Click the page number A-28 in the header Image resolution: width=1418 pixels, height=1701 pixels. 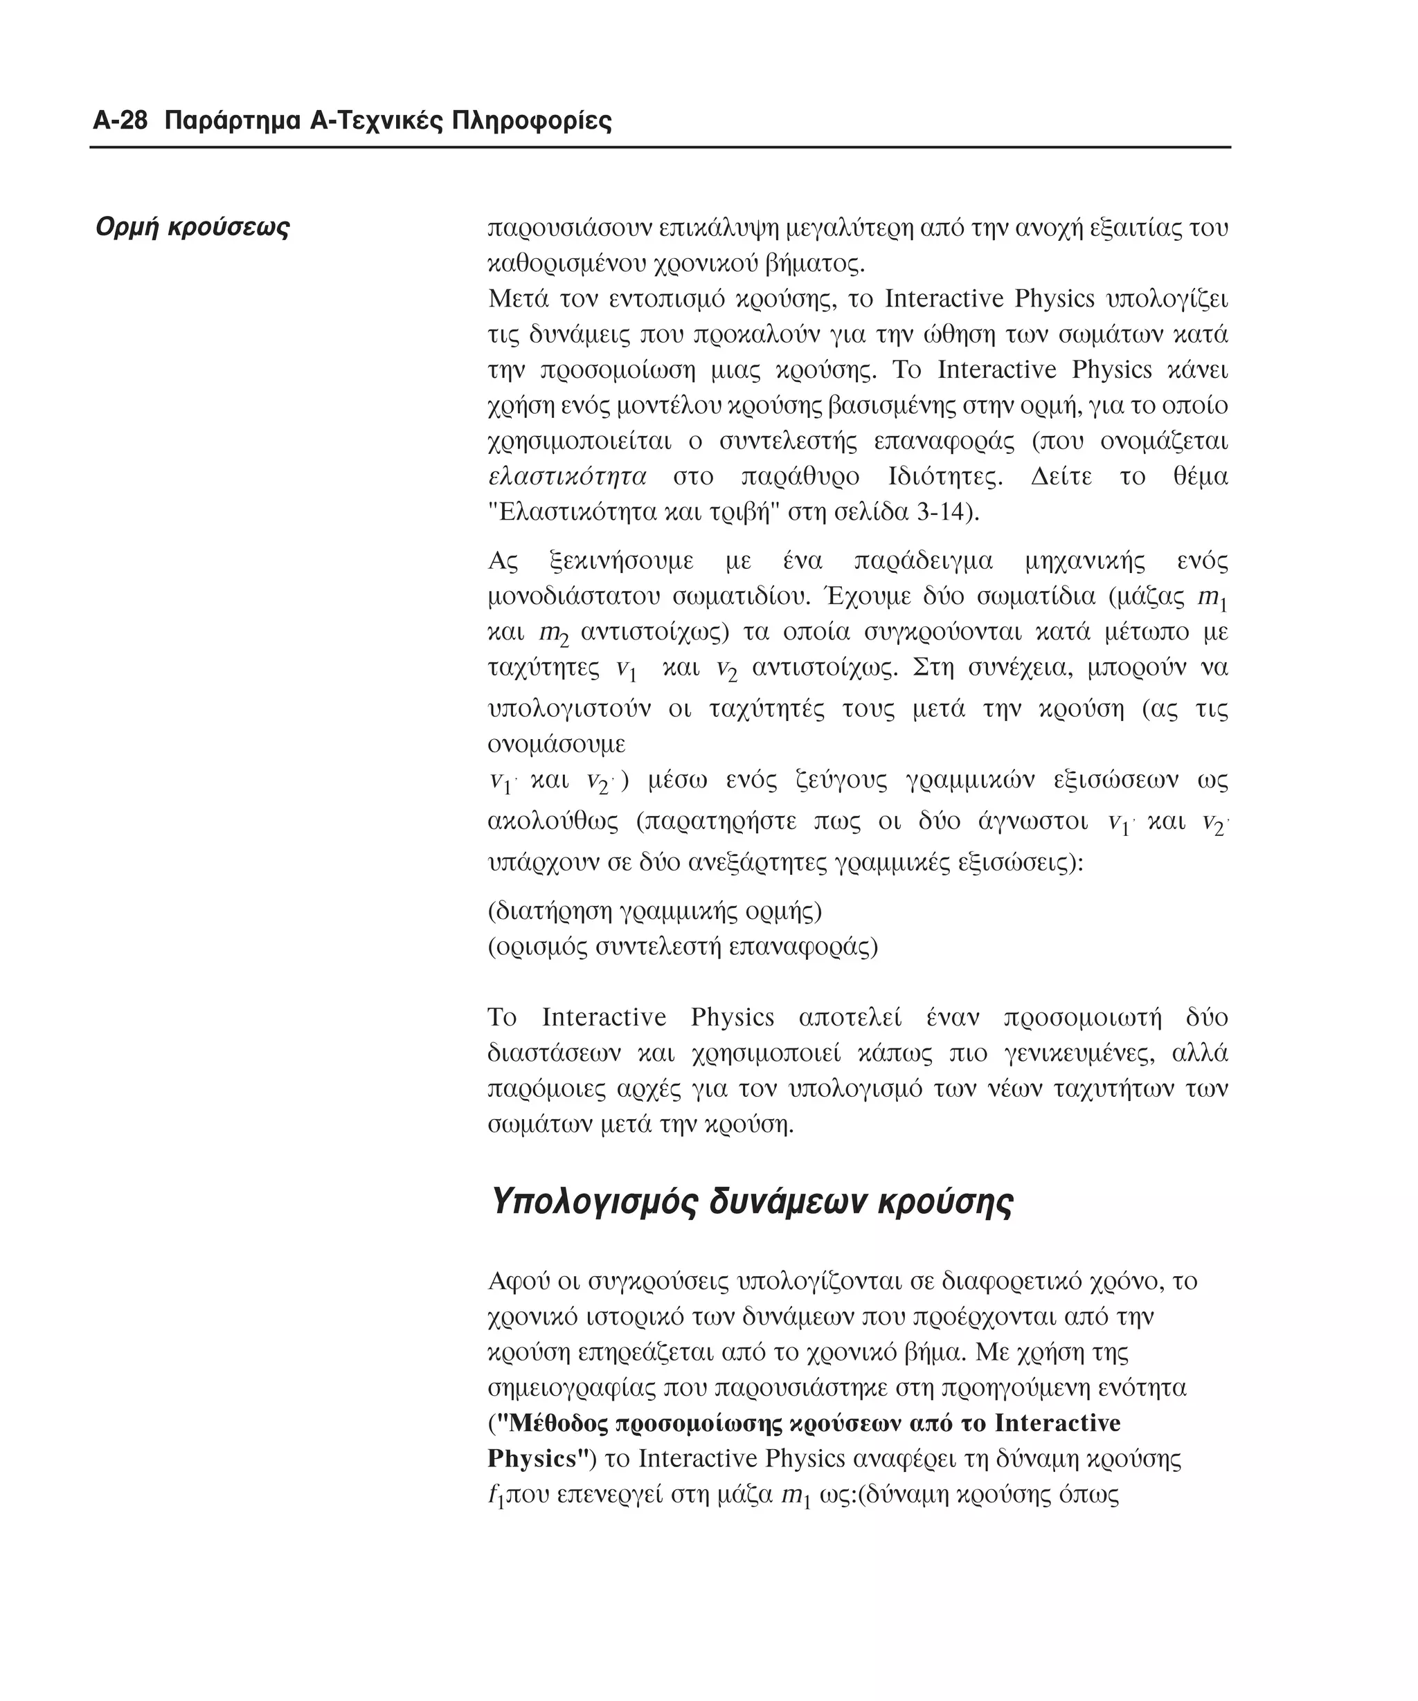click(x=120, y=122)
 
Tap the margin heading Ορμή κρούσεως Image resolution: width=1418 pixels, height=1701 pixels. click(x=192, y=227)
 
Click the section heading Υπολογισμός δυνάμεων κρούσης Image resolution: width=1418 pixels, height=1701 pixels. click(x=751, y=1201)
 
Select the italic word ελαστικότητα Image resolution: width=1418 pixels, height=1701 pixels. click(x=568, y=476)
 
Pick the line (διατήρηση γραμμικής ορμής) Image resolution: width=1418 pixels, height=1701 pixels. click(x=655, y=911)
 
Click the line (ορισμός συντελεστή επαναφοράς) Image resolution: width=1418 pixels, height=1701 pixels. click(x=682, y=946)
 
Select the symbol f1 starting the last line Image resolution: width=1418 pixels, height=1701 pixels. click(x=496, y=1495)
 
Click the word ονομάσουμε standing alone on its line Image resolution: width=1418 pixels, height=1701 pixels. click(x=557, y=743)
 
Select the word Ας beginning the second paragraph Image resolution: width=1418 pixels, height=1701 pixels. click(x=503, y=561)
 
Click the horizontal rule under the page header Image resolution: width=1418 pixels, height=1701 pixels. click(x=660, y=147)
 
